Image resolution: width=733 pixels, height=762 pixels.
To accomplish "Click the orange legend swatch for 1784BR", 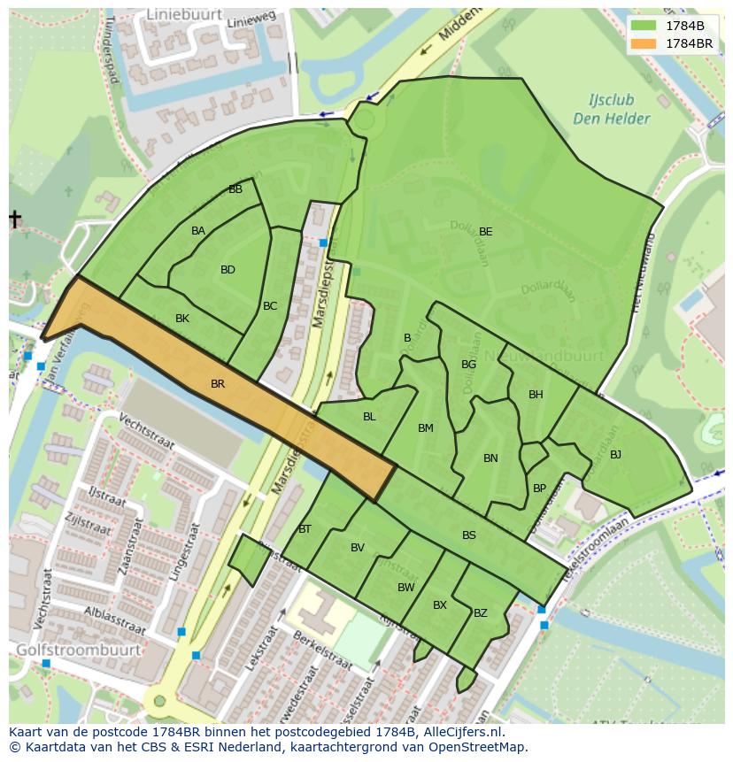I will tap(644, 43).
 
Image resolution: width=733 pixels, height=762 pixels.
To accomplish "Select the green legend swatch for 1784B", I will tap(644, 26).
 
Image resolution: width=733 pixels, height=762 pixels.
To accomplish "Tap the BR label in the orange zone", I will tap(218, 384).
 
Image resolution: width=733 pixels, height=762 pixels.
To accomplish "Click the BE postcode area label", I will tap(485, 232).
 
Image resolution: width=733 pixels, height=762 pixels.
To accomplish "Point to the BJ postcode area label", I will tap(615, 455).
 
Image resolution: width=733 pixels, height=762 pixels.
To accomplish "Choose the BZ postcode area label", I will tap(481, 612).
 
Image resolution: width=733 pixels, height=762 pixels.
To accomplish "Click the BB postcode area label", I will tap(235, 189).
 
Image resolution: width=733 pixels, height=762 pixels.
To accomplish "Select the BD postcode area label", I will tap(228, 270).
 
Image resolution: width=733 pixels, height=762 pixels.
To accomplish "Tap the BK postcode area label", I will tap(182, 319).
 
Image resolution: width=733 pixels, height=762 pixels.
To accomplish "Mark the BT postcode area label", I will tap(305, 529).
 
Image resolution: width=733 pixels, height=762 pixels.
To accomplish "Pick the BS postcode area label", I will tap(469, 535).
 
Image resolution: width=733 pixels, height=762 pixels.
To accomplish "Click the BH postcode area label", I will tap(536, 395).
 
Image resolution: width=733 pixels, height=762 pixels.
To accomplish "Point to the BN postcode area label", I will tap(490, 458).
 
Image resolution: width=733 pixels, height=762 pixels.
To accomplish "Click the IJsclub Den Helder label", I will tap(611, 110).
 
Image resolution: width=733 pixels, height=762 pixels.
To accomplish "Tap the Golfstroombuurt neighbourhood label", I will tap(78, 650).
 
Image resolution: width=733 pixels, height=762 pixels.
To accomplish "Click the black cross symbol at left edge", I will tap(15, 219).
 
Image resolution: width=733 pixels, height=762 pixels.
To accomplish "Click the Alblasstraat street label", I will tap(113, 620).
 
